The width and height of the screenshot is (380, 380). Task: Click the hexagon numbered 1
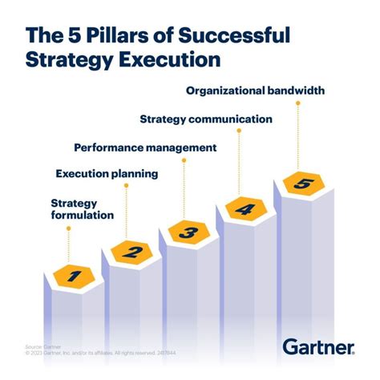tap(74, 277)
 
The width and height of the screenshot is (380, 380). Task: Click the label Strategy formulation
tap(83, 208)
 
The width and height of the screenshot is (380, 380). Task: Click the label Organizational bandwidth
tap(255, 90)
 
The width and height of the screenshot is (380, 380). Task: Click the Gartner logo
tap(317, 346)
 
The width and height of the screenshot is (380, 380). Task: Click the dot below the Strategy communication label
tap(241, 131)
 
